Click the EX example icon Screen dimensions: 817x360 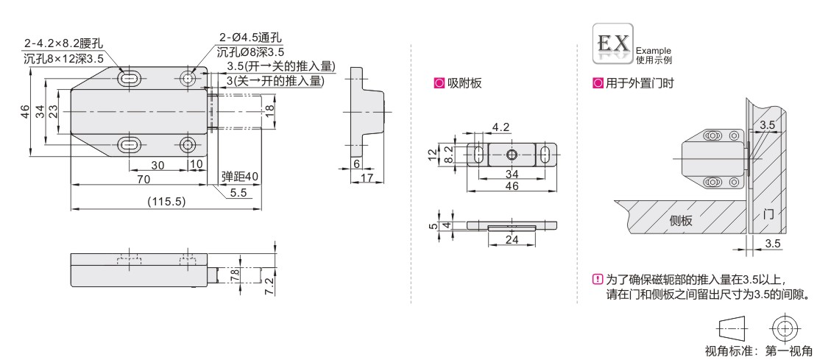[613, 43]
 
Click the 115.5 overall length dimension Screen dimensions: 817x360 [166, 202]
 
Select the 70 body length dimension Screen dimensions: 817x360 [144, 179]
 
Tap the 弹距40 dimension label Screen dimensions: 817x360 [240, 177]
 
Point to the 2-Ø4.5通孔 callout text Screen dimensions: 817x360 [250, 38]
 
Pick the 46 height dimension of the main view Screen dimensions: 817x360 [25, 111]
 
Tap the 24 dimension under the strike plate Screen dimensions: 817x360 [512, 240]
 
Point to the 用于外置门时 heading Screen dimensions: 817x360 [640, 83]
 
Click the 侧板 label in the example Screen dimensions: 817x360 [681, 220]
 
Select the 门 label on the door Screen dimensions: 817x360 [768, 213]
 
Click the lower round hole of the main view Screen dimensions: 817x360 [188, 144]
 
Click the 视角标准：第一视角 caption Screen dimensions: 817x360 [758, 350]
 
